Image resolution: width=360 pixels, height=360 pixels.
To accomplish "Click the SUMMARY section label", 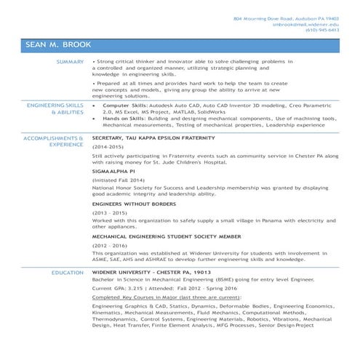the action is click(71, 63).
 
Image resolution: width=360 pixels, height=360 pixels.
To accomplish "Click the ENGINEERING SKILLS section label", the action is click(55, 106).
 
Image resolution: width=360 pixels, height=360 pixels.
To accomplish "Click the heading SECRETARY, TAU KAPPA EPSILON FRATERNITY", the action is click(155, 137).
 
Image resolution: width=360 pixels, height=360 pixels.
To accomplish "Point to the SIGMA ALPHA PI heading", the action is click(113, 171).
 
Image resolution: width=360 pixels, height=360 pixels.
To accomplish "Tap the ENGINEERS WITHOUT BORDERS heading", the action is click(135, 205).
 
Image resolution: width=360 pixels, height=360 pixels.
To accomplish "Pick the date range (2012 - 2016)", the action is click(110, 247).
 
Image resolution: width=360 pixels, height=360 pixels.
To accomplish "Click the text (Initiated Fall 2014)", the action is click(119, 180).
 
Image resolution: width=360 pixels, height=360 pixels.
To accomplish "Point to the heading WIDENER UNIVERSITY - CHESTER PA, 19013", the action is click(151, 272).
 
